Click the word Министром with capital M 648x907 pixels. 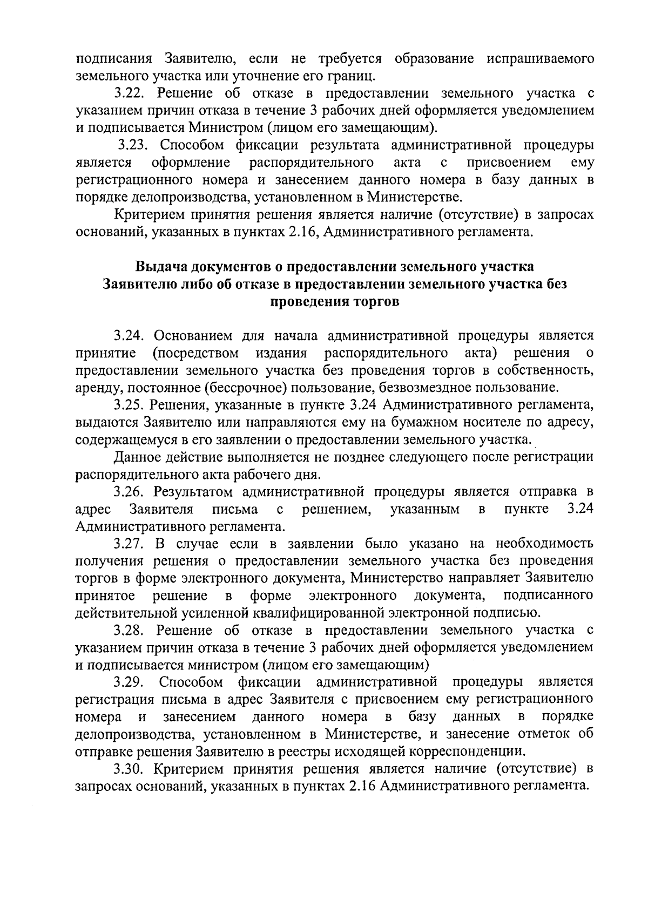tap(231, 128)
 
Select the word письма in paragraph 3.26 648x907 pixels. tap(234, 509)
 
